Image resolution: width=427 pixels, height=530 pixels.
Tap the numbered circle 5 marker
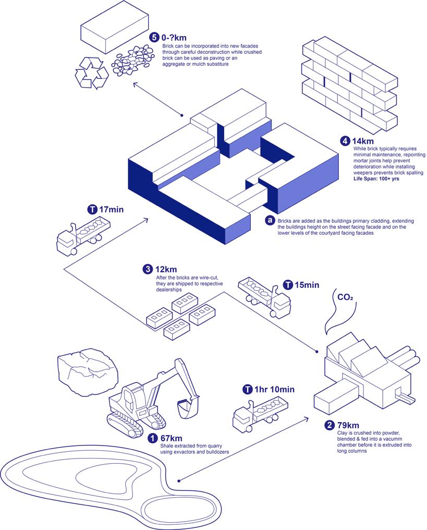pos(153,38)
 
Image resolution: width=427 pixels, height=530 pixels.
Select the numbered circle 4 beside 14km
pos(345,141)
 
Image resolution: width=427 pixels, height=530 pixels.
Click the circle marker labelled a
pos(270,220)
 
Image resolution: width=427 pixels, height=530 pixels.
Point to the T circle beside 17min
pos(92,210)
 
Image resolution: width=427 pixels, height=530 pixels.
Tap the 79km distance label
pos(347,425)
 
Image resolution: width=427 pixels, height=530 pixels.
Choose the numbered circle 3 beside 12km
pos(148,269)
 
